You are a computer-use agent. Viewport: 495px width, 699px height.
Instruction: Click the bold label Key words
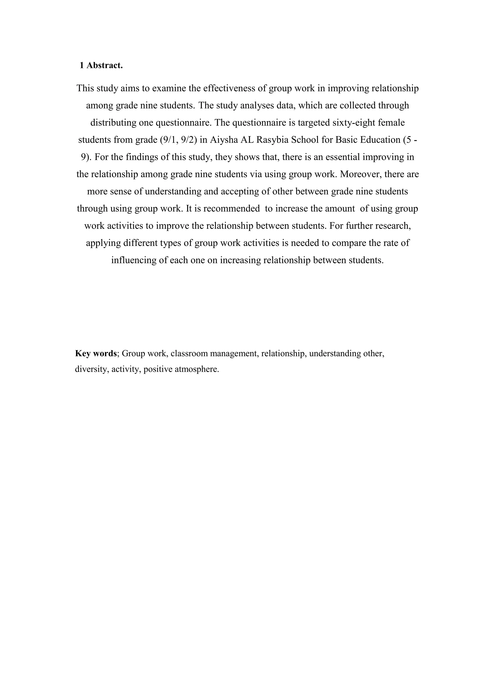(96, 353)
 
